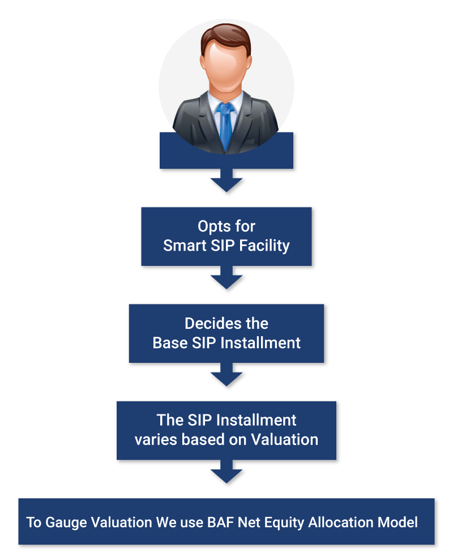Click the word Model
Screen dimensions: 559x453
click(400, 522)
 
